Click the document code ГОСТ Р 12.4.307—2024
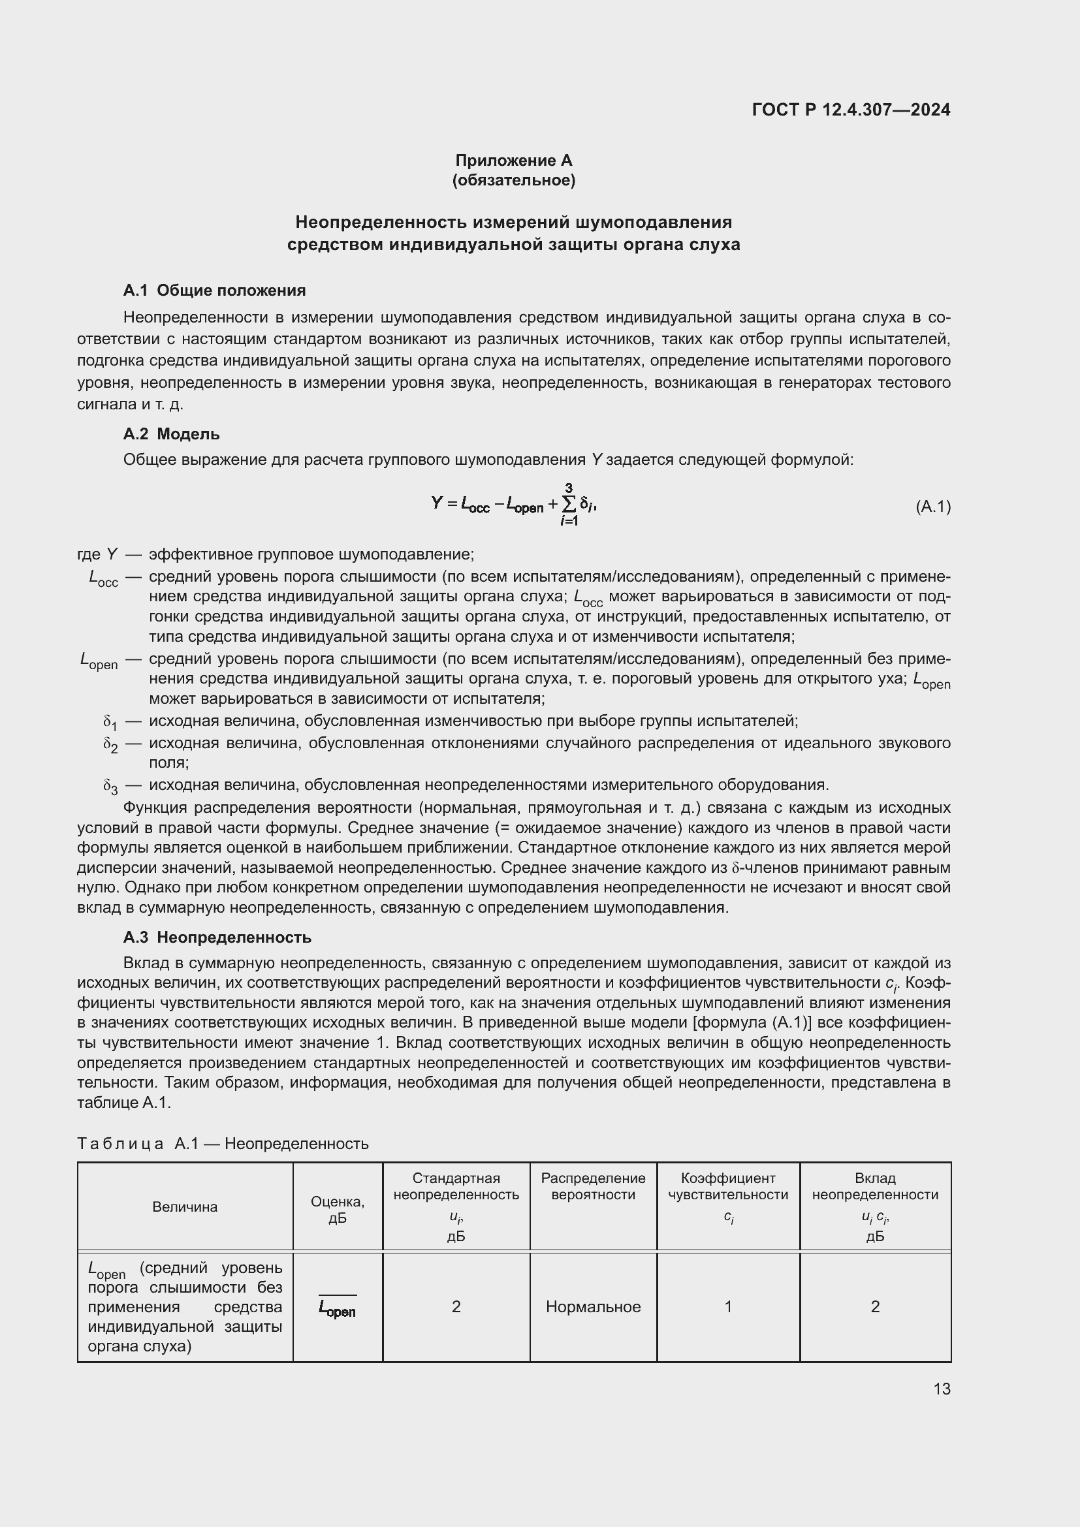pyautogui.click(x=851, y=110)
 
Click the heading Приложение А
pyautogui.click(x=513, y=161)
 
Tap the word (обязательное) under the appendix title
pyautogui.click(x=513, y=180)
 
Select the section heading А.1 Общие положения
pyautogui.click(x=214, y=290)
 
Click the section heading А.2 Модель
pyautogui.click(x=171, y=433)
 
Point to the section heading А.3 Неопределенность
pyautogui.click(x=217, y=937)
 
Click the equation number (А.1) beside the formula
pyautogui.click(x=932, y=507)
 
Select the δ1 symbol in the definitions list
pyautogui.click(x=110, y=722)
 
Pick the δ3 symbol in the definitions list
pyautogui.click(x=110, y=786)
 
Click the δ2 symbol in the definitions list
pyautogui.click(x=110, y=744)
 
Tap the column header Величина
pyautogui.click(x=185, y=1206)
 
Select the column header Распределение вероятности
pyautogui.click(x=592, y=1186)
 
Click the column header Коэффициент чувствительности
pyautogui.click(x=728, y=1186)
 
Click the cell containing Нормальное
pyautogui.click(x=592, y=1306)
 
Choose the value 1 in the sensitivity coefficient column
pyautogui.click(x=728, y=1306)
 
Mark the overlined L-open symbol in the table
pyautogui.click(x=337, y=1308)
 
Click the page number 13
pyautogui.click(x=942, y=1389)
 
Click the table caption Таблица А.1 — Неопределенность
pyautogui.click(x=223, y=1143)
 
